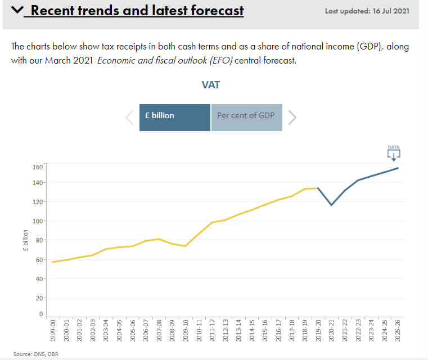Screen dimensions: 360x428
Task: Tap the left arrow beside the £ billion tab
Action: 129,118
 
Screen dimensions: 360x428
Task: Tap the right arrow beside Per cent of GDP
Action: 292,118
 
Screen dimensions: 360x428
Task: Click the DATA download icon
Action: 394,153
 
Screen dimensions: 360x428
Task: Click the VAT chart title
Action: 211,85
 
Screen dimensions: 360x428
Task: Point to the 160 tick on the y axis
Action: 38,166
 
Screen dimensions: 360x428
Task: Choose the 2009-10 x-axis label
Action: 186,330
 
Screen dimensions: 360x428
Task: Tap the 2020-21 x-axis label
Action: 331,330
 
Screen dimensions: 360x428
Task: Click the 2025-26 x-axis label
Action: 398,330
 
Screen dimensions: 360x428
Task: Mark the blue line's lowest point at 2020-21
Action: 331,205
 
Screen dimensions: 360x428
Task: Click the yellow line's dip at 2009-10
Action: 186,246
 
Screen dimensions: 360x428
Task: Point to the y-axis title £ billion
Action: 26,240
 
